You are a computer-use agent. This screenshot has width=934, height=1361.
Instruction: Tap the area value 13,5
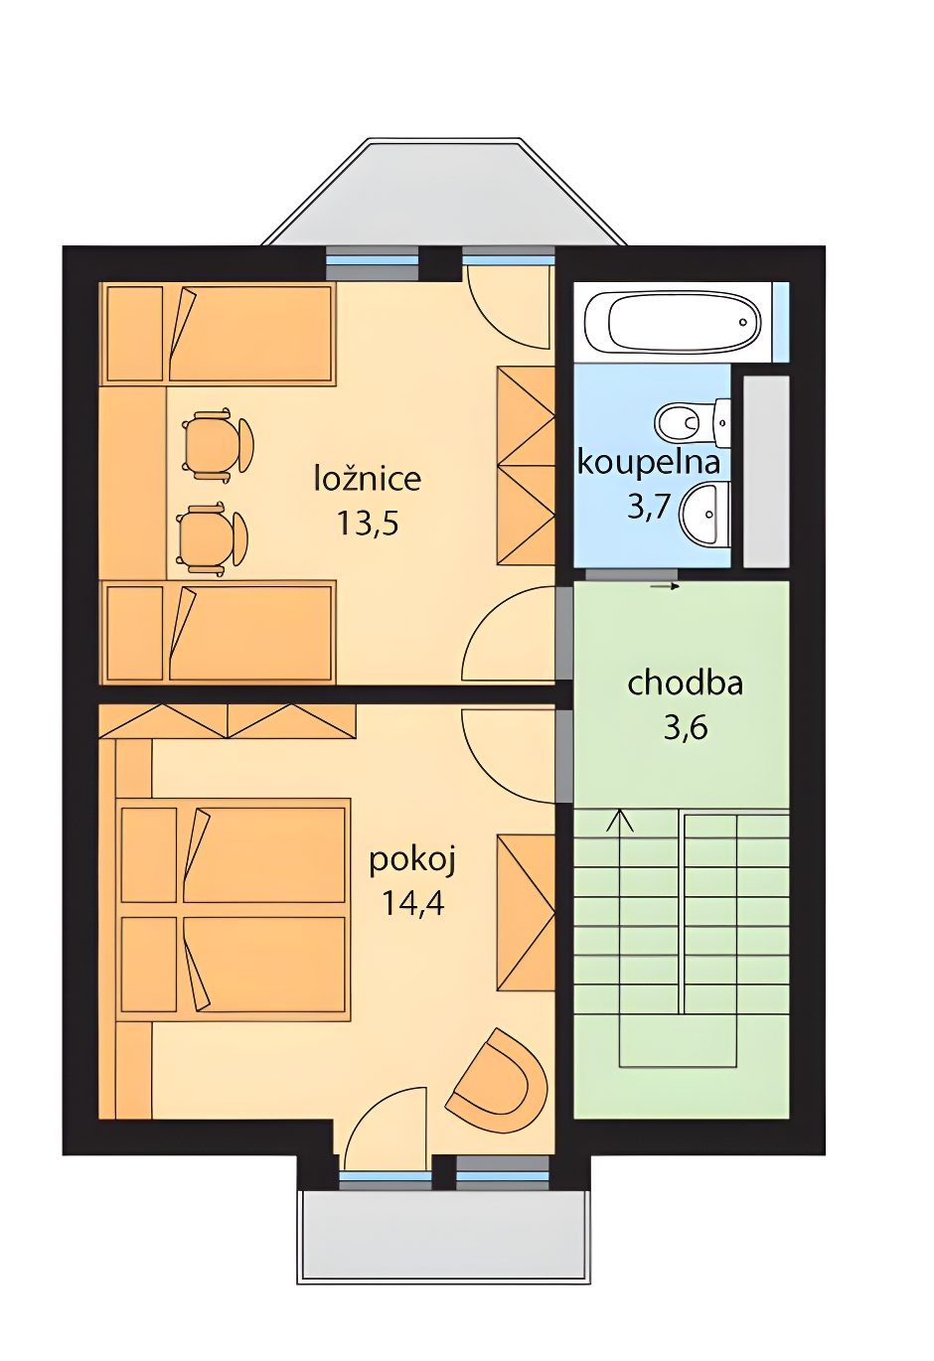coord(368,523)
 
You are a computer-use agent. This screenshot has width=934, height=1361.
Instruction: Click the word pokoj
coord(412,861)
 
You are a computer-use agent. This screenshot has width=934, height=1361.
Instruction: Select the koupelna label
coord(649,462)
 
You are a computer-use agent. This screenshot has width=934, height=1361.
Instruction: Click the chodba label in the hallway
coord(685,682)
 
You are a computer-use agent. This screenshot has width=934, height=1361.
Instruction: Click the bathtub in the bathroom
coord(673,322)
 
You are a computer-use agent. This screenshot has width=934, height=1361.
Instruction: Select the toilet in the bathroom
coord(693,420)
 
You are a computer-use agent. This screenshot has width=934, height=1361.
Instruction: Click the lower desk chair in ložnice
coord(212,538)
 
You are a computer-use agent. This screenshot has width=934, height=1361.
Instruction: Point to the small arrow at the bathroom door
coord(664,587)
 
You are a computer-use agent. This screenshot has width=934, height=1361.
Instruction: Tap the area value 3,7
coord(649,506)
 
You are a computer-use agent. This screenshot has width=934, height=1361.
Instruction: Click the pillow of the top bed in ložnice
coord(135,334)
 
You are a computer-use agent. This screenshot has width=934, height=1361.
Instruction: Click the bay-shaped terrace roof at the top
coord(444,192)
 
